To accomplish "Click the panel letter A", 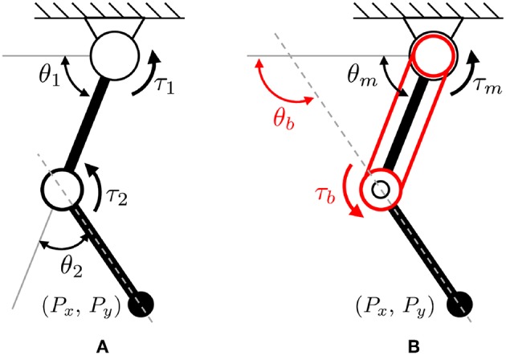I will pos(101,347).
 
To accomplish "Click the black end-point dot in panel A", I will pos(143,303).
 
